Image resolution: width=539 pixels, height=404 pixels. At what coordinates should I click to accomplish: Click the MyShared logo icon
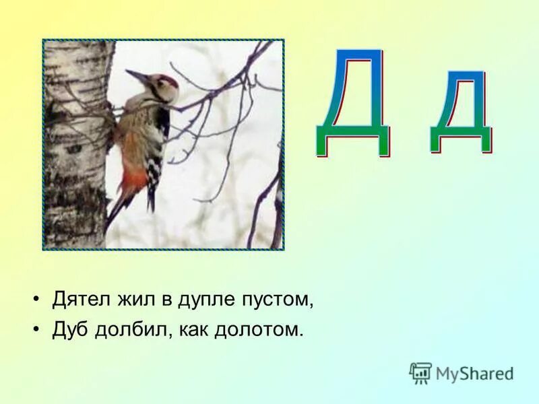click(420, 372)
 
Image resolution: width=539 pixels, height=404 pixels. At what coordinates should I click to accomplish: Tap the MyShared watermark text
click(474, 373)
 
